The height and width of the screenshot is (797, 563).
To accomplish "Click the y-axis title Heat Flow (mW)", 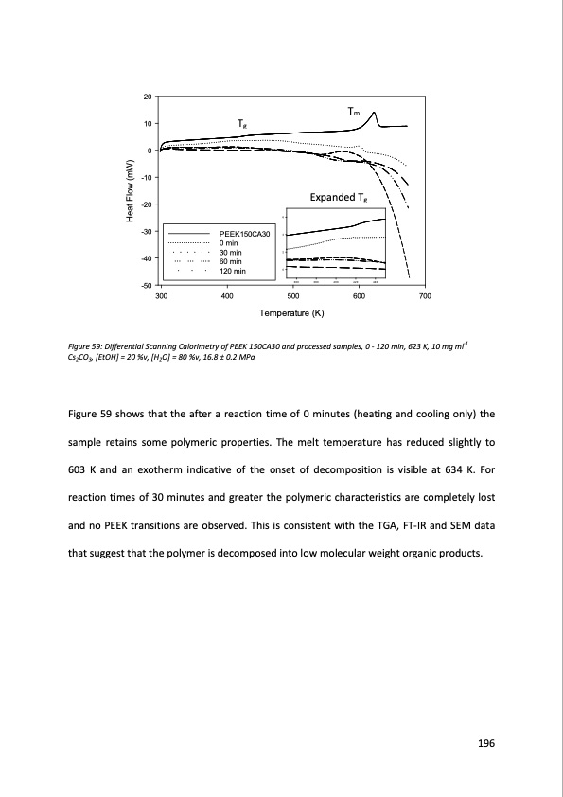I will click(x=132, y=191).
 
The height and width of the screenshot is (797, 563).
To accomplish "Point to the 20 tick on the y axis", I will click(x=147, y=97).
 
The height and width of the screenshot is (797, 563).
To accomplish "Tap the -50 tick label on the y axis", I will click(x=145, y=285).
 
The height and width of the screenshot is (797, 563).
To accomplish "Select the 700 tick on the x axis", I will click(x=424, y=296).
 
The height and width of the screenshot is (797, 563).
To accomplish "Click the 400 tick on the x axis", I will click(x=227, y=296).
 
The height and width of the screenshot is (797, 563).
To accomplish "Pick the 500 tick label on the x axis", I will click(x=292, y=296).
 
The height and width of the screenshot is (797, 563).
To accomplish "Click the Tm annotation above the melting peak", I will click(x=353, y=111).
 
